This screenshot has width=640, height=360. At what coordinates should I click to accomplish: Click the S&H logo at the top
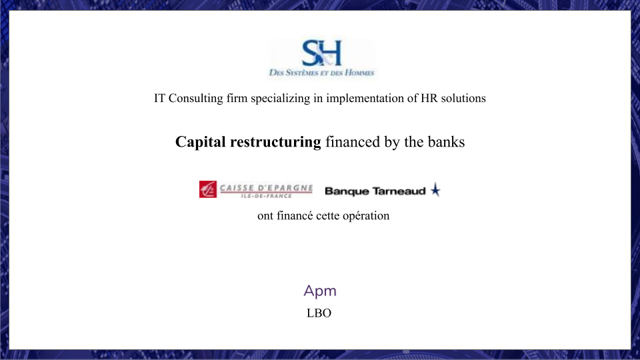point(321,53)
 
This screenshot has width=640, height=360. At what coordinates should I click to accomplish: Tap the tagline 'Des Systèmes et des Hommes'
point(321,73)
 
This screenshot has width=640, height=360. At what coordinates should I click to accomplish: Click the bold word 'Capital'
point(201,142)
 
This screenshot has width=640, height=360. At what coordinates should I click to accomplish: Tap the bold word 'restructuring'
point(275,142)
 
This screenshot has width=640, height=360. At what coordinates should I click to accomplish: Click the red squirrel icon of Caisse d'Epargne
point(208,189)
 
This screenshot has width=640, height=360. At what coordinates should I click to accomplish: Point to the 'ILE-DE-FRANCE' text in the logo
point(266,196)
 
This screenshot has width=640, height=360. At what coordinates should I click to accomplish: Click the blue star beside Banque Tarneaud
point(435,190)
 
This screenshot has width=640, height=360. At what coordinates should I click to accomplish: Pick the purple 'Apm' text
point(320,291)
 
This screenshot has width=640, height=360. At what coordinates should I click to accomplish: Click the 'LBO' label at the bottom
point(319,313)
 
